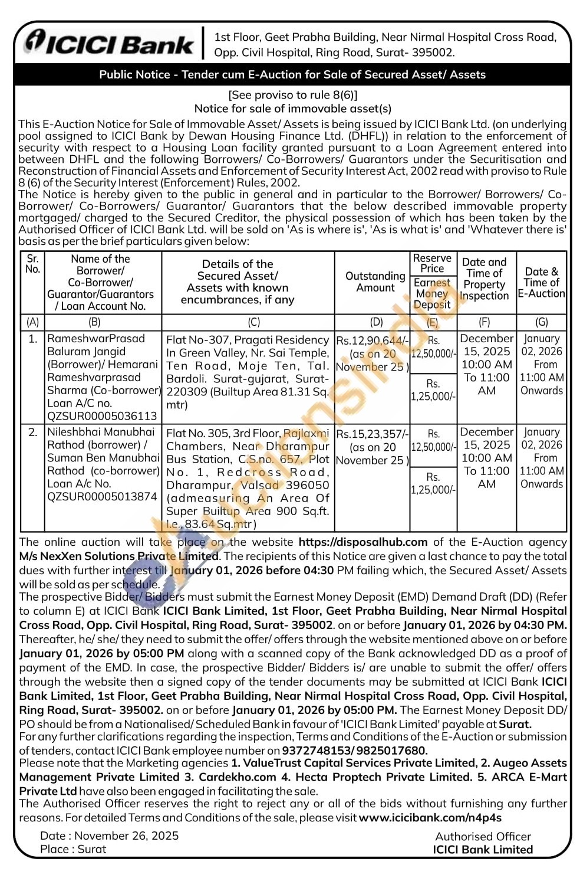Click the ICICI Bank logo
point(109,43)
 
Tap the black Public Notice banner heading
point(292,75)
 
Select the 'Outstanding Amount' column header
point(375,282)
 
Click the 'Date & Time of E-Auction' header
point(541,282)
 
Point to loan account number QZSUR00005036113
point(102,416)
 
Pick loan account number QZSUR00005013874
point(102,497)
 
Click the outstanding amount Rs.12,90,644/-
point(372,340)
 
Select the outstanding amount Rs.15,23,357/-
point(372,434)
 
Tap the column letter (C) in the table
point(253,322)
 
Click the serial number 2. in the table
point(33,433)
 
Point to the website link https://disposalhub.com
point(363,542)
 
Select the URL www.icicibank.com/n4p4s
point(430,818)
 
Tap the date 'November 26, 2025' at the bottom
point(126,836)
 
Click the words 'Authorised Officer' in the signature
point(483,837)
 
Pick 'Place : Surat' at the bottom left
point(73,849)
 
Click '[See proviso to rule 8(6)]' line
point(292,95)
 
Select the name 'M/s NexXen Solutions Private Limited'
point(118,556)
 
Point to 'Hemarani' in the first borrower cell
point(136,365)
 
